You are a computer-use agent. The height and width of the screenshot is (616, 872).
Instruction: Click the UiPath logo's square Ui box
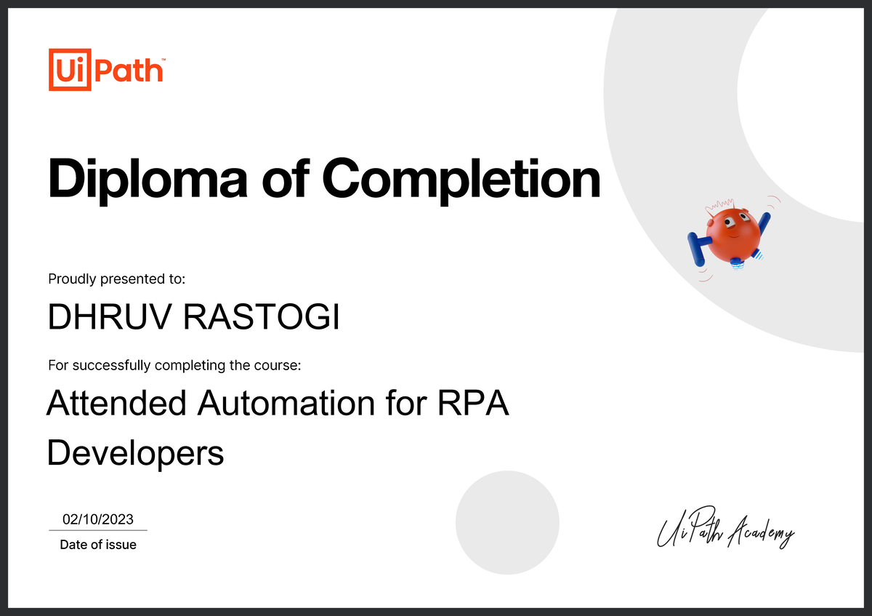point(70,70)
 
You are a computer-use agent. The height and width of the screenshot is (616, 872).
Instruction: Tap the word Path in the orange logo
point(129,71)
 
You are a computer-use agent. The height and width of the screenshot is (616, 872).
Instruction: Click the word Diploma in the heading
point(148,180)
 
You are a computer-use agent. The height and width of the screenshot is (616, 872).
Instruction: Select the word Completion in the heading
point(461,180)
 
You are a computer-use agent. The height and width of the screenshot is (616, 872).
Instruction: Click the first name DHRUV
point(110,316)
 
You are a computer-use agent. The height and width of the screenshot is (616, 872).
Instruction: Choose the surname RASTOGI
point(261,316)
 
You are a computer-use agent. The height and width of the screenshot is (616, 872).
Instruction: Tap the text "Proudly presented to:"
point(116,279)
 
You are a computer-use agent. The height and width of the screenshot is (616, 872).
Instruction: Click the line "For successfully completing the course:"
point(174,366)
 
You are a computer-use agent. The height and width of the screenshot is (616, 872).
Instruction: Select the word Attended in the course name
point(116,403)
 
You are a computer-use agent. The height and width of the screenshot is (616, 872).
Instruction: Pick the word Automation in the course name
point(286,403)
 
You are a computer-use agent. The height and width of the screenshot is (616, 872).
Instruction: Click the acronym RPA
point(473,403)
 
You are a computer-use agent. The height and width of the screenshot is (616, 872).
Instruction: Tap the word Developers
point(135,454)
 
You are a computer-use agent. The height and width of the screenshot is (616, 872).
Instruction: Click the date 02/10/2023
point(98,519)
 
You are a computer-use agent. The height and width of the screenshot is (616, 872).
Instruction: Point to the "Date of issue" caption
point(98,545)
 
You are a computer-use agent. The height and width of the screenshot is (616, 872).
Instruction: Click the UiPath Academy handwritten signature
point(726,527)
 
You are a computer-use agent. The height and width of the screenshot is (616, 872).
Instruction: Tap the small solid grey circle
point(508,522)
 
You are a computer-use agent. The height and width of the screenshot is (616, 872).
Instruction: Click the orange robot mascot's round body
point(733,236)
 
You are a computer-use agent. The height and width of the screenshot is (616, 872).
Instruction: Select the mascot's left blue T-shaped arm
point(698,248)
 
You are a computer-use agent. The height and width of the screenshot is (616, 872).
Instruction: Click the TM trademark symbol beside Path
point(163,60)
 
